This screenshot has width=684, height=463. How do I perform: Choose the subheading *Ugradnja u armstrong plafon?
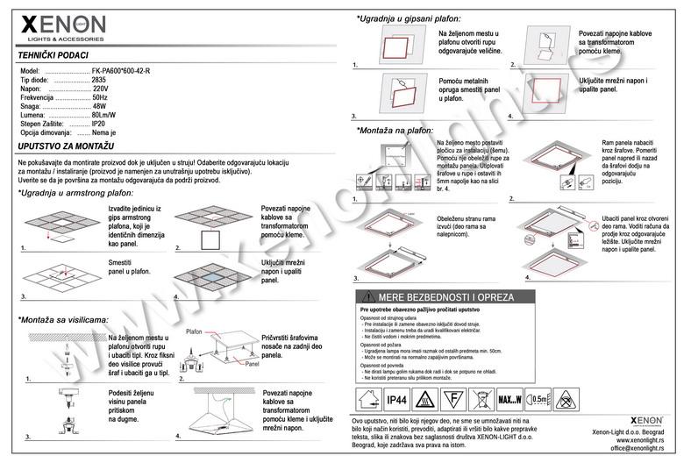tap(75, 191)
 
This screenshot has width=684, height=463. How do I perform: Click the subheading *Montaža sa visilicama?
tap(62, 320)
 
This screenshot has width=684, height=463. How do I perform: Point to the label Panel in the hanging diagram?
tap(252, 362)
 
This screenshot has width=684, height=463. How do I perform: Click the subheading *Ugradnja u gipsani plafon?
tap(409, 18)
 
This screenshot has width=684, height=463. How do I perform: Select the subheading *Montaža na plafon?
tap(395, 130)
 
